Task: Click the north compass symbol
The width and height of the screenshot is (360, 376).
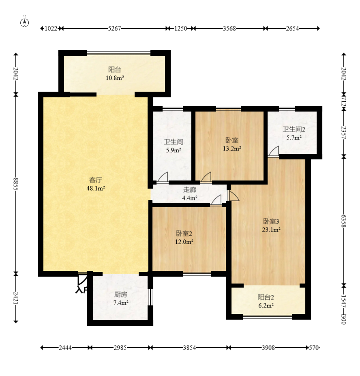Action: (x=24, y=21)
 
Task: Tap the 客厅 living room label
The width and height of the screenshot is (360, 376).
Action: (x=96, y=180)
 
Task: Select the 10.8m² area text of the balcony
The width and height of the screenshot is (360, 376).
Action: (x=115, y=78)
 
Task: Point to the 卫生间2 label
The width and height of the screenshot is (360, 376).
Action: (x=294, y=129)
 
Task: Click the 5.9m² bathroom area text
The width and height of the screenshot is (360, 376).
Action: (x=174, y=150)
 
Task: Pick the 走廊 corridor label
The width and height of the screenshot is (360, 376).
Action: (x=190, y=190)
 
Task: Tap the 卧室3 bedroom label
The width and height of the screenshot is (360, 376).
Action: (x=271, y=221)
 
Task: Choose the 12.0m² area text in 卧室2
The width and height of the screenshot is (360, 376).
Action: (x=184, y=242)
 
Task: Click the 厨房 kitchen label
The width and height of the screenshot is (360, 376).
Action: (x=120, y=294)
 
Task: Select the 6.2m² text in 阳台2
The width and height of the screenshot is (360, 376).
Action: (x=266, y=305)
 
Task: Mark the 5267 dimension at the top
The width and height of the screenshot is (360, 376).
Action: (x=114, y=28)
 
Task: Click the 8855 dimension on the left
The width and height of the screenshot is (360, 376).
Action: (x=16, y=184)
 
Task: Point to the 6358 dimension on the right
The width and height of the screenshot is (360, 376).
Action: (x=344, y=221)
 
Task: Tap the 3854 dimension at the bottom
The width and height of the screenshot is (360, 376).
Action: (x=189, y=348)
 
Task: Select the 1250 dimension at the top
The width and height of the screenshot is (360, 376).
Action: (x=180, y=28)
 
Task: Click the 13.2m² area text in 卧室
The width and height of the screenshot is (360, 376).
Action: (x=232, y=149)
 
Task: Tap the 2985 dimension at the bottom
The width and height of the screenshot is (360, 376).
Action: (x=120, y=348)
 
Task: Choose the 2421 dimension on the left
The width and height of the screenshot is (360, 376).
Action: (x=16, y=298)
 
